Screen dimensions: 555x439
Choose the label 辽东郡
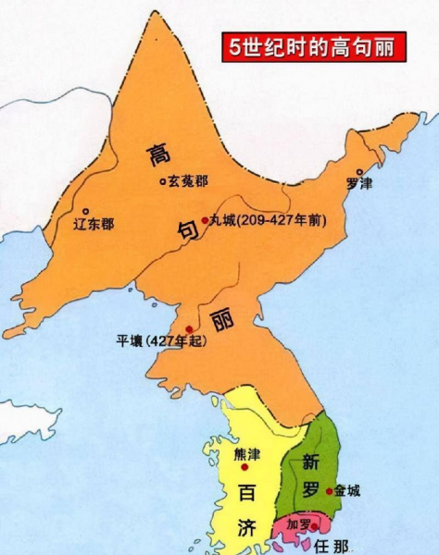point(94,224)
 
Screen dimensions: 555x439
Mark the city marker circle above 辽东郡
point(85,211)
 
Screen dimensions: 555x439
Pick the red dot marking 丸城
point(205,221)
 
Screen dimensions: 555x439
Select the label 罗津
point(358,184)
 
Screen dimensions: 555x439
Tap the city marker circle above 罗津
point(358,172)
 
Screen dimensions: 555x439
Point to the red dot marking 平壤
point(188,329)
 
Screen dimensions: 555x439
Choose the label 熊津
point(247,454)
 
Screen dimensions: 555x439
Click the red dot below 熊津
point(245,467)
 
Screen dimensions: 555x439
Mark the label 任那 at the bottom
point(329,545)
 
